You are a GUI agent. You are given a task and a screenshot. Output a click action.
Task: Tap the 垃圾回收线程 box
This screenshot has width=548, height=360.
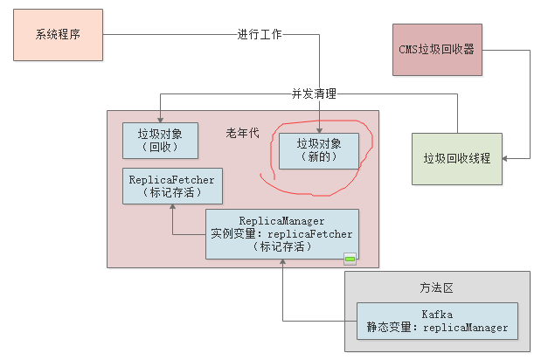tap(456, 158)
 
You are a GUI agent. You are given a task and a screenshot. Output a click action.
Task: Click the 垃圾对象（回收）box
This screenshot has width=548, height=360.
tap(159, 140)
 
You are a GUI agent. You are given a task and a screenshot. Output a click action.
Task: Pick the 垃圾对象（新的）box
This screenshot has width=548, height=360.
tap(318, 149)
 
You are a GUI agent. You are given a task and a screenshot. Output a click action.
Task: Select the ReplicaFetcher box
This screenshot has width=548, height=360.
tap(171, 186)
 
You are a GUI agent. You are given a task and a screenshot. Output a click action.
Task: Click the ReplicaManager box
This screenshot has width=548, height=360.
tap(281, 233)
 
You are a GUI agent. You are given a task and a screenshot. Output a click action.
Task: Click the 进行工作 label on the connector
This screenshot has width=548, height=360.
tap(260, 35)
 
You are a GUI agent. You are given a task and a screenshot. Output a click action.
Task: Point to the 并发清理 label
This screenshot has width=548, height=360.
tap(314, 93)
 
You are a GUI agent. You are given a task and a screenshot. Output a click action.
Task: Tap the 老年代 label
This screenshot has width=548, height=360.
tap(242, 134)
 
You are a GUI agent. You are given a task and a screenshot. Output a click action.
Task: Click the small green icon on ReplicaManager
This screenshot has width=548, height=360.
tap(350, 258)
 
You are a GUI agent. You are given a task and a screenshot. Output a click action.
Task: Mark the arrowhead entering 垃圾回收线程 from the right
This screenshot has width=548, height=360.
tap(508, 158)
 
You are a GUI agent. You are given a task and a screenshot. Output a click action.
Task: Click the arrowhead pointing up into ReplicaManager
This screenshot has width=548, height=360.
tap(282, 264)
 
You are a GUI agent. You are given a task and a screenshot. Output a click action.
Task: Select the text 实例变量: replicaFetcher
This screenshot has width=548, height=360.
tap(281, 234)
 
